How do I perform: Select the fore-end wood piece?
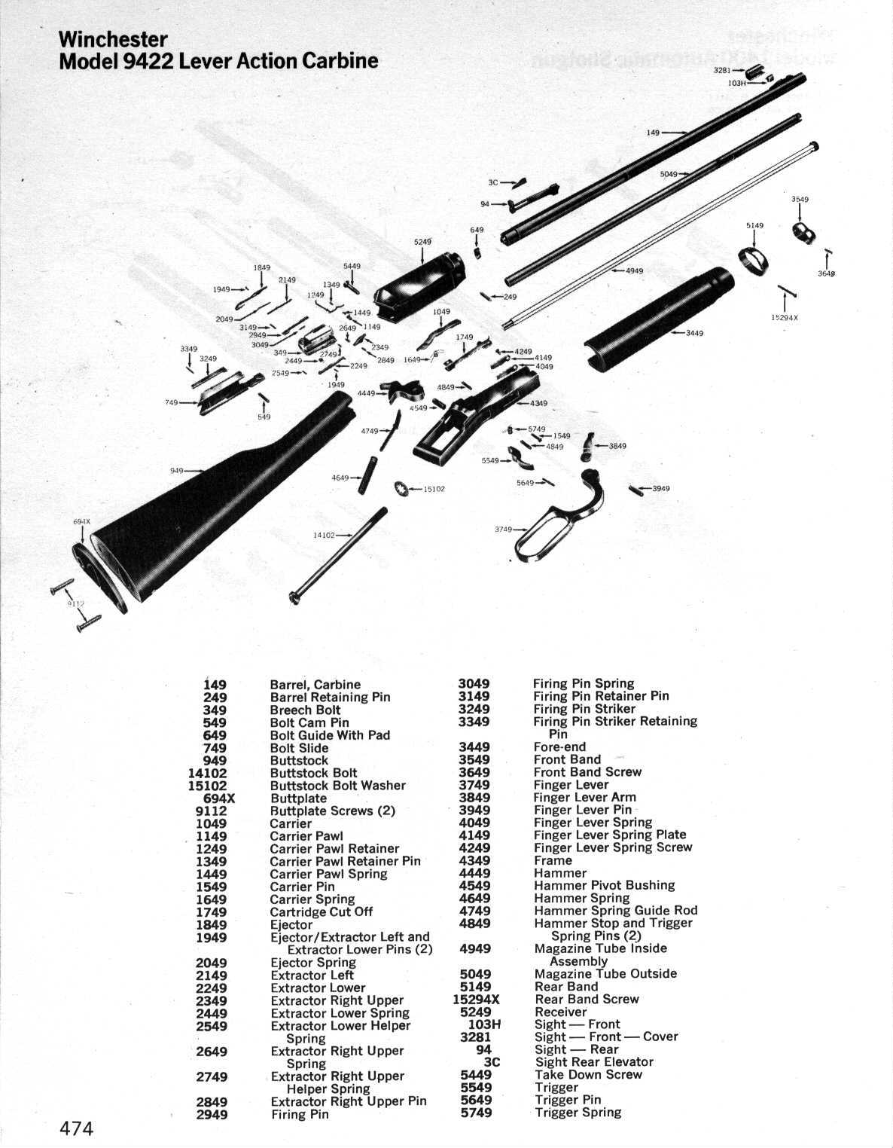click(655, 320)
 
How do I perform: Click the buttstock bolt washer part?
click(401, 488)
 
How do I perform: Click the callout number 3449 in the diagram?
click(695, 333)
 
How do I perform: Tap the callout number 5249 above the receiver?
click(422, 242)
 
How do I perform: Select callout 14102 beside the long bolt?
click(323, 535)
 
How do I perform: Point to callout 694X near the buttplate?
click(81, 522)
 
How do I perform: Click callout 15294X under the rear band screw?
click(785, 317)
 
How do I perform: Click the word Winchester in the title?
click(113, 38)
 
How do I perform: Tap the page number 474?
click(77, 1128)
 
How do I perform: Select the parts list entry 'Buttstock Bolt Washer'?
click(337, 786)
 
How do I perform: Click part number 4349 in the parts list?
click(474, 860)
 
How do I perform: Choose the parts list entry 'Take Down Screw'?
click(588, 1075)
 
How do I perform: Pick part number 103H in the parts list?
click(484, 1024)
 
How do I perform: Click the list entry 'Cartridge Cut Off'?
click(322, 912)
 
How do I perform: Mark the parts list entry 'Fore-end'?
click(559, 747)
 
